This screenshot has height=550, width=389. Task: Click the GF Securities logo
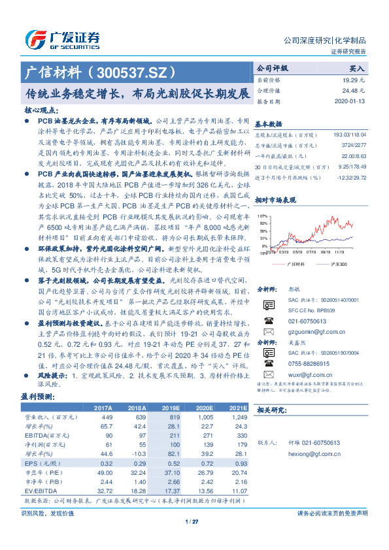pos(61,38)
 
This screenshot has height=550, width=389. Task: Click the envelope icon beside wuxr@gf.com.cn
pos(268,375)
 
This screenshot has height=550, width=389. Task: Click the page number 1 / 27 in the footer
pos(192,521)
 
